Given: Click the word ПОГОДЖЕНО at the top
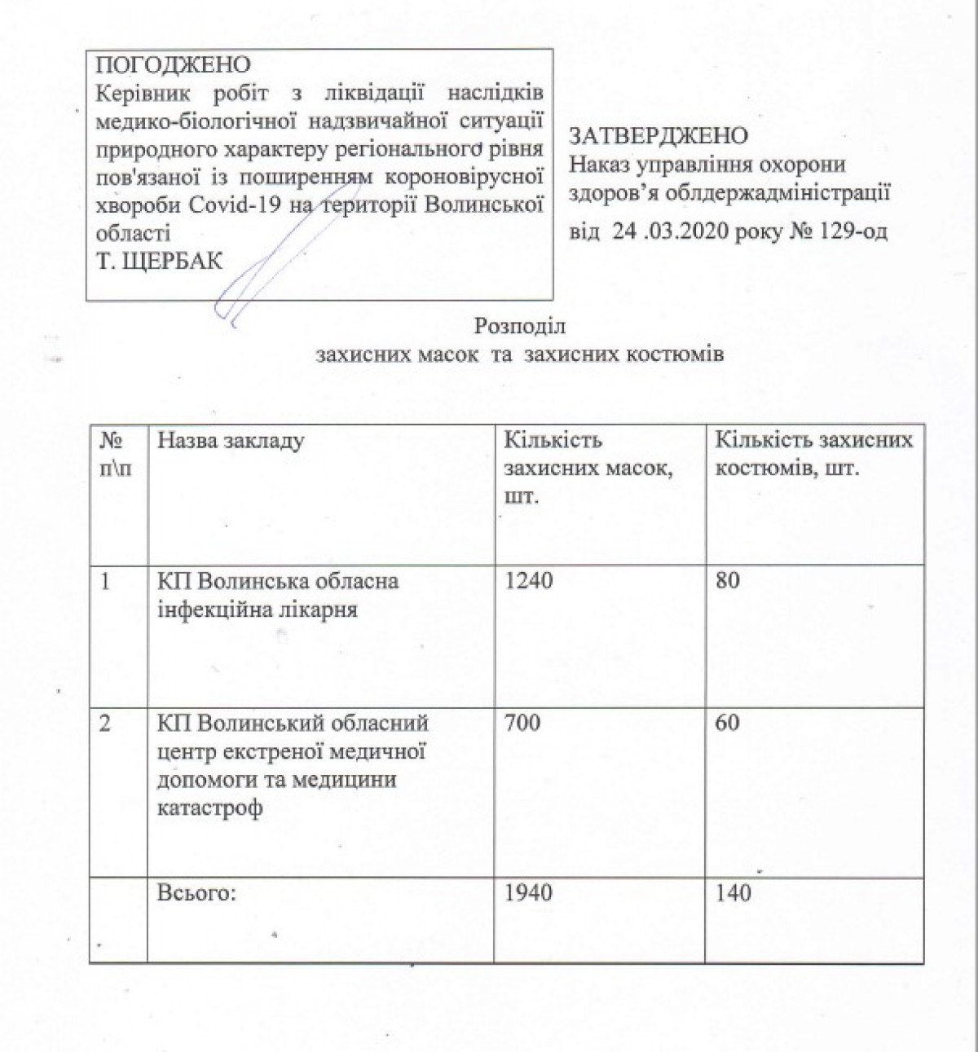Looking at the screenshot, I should point(174,64).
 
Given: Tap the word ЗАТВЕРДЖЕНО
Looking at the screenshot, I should point(659,135).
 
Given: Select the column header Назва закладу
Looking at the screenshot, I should point(231,441).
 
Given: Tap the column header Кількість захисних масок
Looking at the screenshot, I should point(588,469).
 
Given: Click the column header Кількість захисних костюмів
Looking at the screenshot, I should point(813,455).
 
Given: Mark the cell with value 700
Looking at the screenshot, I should point(522,723).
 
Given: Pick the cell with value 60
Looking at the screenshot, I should point(727,723).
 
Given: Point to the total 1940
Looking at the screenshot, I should point(528,893).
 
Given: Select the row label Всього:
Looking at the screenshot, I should point(196,893).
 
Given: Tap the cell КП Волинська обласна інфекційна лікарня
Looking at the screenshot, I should point(277,596).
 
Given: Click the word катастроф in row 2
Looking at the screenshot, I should point(209,810).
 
